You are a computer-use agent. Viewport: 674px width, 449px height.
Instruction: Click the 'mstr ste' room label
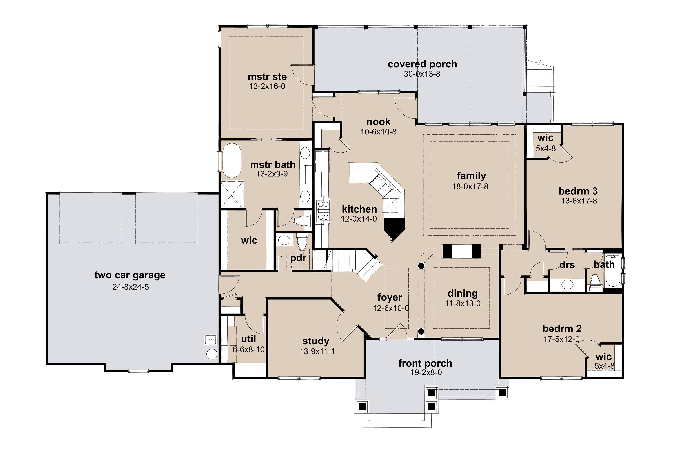click(x=267, y=77)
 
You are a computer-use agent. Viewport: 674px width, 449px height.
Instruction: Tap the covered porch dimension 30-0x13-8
click(x=422, y=74)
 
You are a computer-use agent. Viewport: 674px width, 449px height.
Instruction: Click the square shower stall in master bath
click(x=232, y=194)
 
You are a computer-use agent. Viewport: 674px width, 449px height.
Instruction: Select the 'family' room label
click(x=471, y=176)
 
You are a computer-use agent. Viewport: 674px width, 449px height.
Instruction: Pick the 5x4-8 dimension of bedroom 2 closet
click(x=604, y=366)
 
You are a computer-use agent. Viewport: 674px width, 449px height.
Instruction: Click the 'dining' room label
click(x=463, y=293)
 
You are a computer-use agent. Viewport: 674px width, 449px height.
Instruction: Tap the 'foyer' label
click(x=389, y=297)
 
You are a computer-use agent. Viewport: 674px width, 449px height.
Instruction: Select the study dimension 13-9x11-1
click(x=317, y=351)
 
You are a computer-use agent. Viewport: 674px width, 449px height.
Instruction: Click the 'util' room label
click(x=248, y=339)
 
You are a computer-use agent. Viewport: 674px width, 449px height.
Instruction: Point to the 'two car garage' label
click(x=130, y=275)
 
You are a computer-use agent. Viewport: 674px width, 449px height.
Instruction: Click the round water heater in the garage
click(x=212, y=354)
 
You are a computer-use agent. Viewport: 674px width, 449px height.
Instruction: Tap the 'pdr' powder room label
click(x=298, y=258)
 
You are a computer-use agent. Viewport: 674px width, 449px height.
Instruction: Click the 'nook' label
click(x=378, y=122)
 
